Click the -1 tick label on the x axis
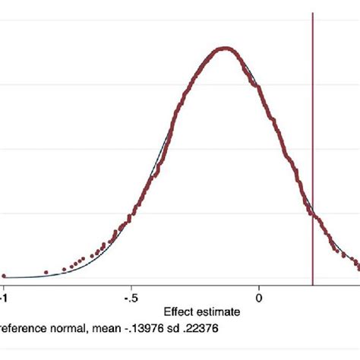[x=4, y=297]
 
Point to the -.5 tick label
[x=130, y=297]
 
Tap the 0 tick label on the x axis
[x=259, y=297]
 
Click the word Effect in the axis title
[x=179, y=311]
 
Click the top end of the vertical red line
[x=312, y=14]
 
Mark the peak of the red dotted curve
[x=224, y=49]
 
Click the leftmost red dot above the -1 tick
[x=4, y=276]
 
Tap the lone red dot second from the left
[x=46, y=272]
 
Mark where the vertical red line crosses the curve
[x=312, y=215]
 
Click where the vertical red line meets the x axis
[x=312, y=282]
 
